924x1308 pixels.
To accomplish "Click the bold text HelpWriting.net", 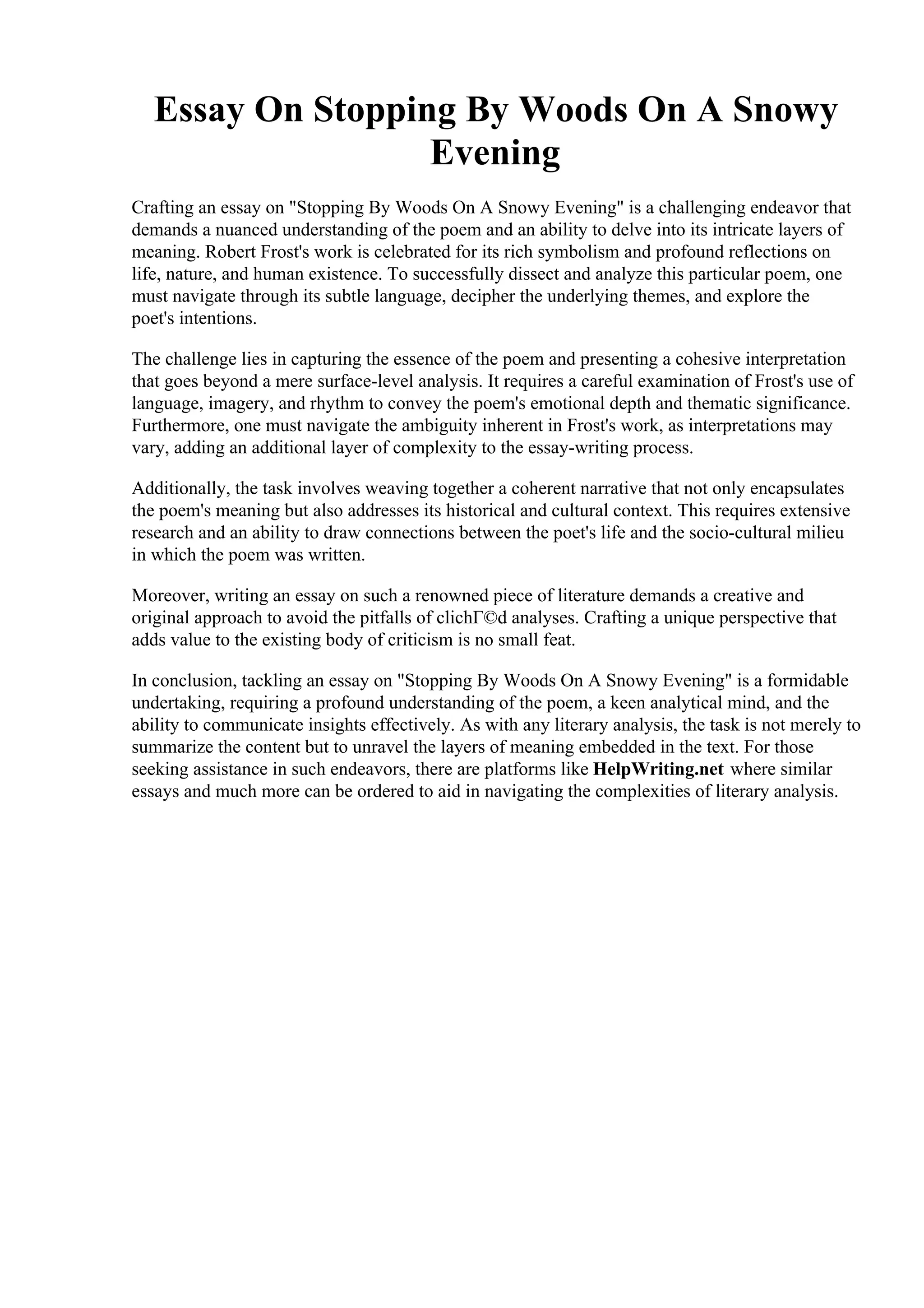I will click(x=658, y=769).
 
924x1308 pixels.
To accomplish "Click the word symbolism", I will click(x=576, y=252).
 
